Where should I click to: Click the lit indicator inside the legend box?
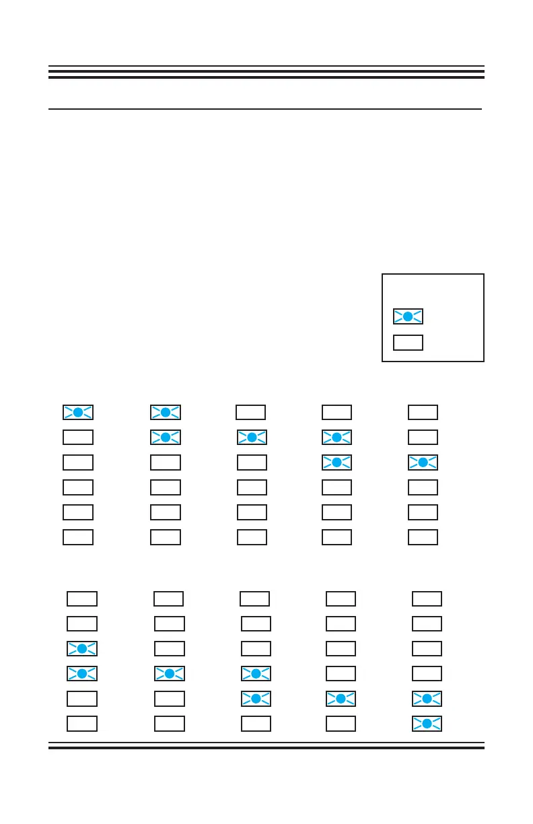[x=408, y=316]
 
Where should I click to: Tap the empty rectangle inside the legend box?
[x=408, y=342]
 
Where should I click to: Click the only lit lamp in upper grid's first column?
[x=78, y=412]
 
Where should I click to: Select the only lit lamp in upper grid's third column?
[x=252, y=438]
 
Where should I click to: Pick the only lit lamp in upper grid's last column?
[x=423, y=462]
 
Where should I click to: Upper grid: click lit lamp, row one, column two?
[x=166, y=412]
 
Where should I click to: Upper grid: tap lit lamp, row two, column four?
[x=336, y=438]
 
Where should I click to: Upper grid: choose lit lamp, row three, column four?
[x=336, y=462]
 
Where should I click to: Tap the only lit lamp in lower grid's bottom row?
[x=427, y=724]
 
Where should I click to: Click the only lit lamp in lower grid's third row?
[x=82, y=649]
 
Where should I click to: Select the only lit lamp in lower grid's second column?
[x=170, y=674]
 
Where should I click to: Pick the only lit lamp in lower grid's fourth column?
[x=341, y=699]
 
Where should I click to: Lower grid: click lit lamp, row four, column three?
[x=256, y=674]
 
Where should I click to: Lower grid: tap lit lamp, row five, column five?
[x=427, y=699]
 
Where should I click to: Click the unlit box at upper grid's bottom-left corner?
[x=78, y=537]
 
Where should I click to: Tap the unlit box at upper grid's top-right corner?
[x=423, y=412]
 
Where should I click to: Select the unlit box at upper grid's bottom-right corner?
[x=423, y=537]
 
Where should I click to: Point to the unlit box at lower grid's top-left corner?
[x=82, y=598]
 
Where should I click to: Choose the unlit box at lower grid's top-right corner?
[x=427, y=598]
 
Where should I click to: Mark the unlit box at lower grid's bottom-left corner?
[x=82, y=724]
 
